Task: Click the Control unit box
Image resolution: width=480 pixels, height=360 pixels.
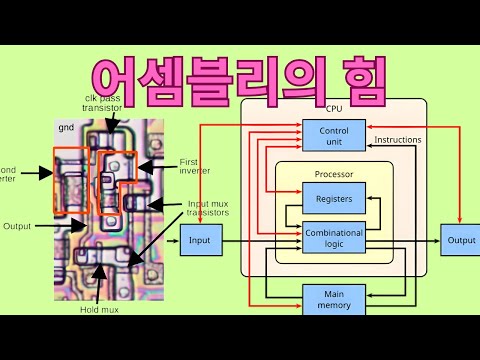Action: click(333, 137)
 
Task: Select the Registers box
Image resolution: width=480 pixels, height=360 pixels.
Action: click(333, 198)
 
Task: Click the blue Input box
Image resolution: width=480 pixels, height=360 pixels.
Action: click(200, 240)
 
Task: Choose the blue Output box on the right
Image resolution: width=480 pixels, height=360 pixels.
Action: click(461, 240)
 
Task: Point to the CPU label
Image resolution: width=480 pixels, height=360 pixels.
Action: click(334, 106)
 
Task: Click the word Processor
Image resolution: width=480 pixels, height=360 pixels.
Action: click(333, 174)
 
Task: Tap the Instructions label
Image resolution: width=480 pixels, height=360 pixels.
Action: click(398, 139)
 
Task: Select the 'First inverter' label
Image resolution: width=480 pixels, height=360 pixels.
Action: click(195, 165)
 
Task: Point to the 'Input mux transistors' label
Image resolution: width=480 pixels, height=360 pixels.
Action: click(208, 208)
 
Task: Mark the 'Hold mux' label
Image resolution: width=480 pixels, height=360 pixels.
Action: click(100, 309)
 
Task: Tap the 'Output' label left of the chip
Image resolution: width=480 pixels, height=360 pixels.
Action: click(18, 225)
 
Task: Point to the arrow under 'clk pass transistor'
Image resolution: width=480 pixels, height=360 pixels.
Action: click(108, 122)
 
